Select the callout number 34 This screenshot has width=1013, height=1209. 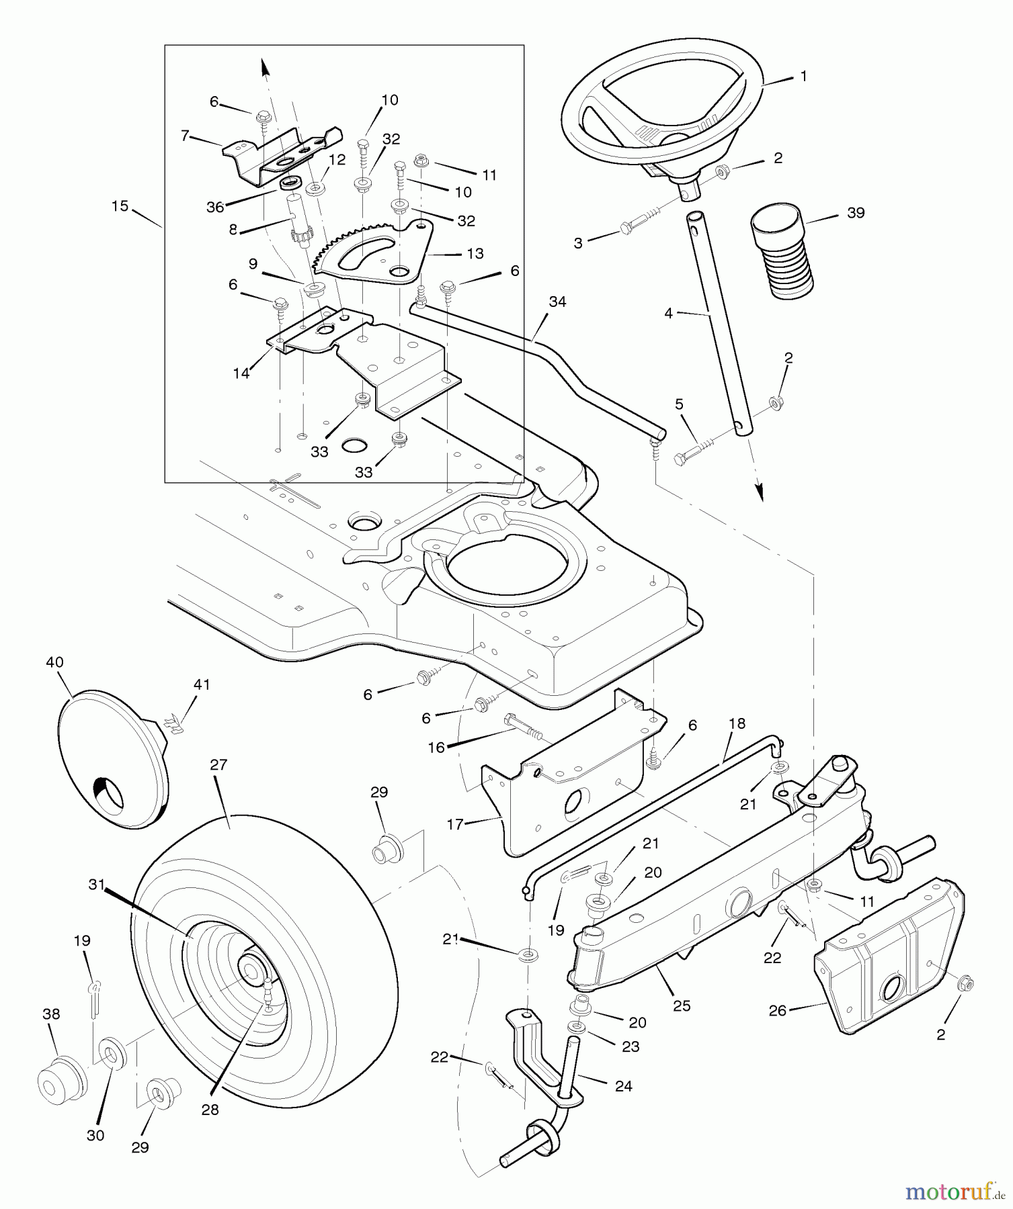point(557,302)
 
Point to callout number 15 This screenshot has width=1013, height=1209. point(120,206)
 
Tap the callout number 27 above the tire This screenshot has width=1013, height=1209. point(219,764)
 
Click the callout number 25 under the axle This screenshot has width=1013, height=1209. point(682,1005)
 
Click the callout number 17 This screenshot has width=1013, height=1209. point(455,823)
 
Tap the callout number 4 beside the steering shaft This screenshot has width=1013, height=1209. point(668,313)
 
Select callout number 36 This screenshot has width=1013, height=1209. point(215,208)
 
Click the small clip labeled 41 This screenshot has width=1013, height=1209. point(174,724)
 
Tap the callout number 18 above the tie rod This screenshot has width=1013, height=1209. point(737,723)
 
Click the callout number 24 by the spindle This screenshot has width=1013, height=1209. point(624,1085)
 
